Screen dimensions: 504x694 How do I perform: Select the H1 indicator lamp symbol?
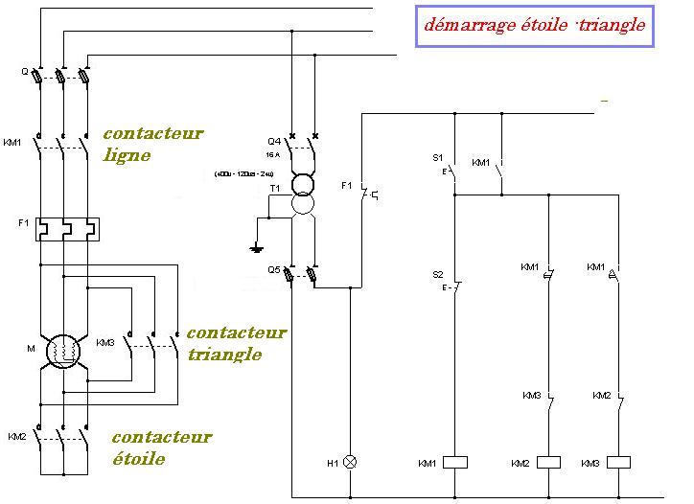pyautogui.click(x=351, y=462)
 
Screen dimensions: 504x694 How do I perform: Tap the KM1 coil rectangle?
pyautogui.click(x=452, y=462)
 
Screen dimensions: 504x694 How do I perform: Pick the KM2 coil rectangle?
pyautogui.click(x=548, y=462)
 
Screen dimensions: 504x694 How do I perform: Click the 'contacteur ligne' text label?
pyautogui.click(x=152, y=144)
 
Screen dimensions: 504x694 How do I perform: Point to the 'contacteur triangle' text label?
pyautogui.click(x=235, y=343)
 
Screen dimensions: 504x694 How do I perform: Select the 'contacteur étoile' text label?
pyautogui.click(x=160, y=447)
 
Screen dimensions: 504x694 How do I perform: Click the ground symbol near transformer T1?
pyautogui.click(x=256, y=249)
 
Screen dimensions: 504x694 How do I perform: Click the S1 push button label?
pyautogui.click(x=437, y=157)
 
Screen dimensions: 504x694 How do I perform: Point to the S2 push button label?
pyautogui.click(x=437, y=274)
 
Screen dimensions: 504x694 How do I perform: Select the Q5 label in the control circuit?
pyautogui.click(x=273, y=269)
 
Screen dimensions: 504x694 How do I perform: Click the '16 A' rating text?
pyautogui.click(x=272, y=154)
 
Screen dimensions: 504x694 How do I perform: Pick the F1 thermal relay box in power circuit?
pyautogui.click(x=64, y=228)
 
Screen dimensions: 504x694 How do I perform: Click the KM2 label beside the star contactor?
pyautogui.click(x=16, y=437)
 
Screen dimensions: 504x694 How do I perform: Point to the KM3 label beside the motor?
pyautogui.click(x=105, y=341)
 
